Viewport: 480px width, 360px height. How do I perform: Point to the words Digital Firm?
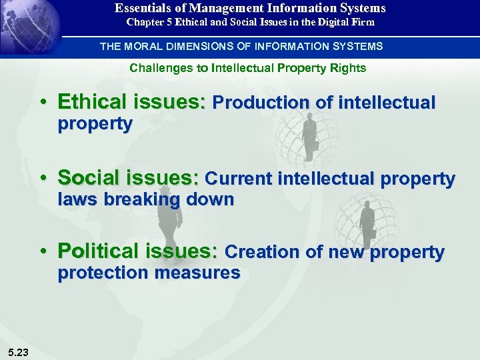(347, 22)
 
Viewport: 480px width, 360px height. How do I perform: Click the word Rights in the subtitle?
(349, 68)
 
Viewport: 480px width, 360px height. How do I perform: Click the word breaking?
(141, 199)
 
